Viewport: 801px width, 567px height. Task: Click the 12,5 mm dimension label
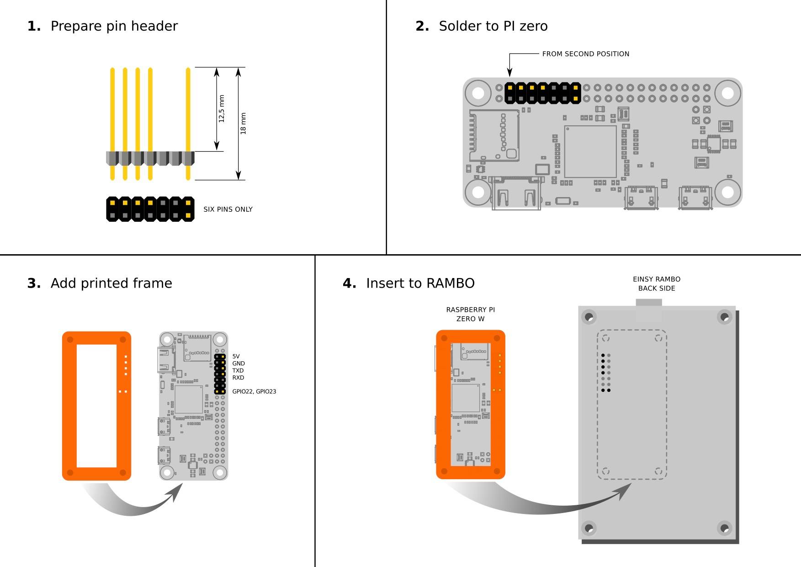click(x=222, y=109)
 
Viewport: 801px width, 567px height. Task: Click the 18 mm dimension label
click(x=243, y=123)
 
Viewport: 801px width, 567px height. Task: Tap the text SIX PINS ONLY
click(x=228, y=209)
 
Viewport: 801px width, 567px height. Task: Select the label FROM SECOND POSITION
click(x=585, y=54)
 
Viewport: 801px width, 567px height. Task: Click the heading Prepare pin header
click(x=114, y=27)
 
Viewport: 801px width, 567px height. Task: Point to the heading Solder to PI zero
click(x=493, y=27)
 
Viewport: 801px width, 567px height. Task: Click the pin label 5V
click(x=236, y=356)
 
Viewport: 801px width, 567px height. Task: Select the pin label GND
click(x=239, y=364)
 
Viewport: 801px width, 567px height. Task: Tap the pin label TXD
click(x=238, y=370)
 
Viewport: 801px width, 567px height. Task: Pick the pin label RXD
click(x=238, y=378)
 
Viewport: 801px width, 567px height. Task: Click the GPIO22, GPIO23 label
click(x=254, y=391)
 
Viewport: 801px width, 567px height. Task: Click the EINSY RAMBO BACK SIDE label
click(x=657, y=283)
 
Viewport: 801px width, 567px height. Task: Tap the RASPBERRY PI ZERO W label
click(x=470, y=314)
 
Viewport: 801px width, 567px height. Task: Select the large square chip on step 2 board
click(x=590, y=151)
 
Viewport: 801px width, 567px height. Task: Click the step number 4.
click(x=349, y=283)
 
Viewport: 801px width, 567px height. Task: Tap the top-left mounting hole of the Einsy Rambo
click(x=589, y=316)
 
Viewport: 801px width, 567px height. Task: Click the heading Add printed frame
click(x=111, y=283)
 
